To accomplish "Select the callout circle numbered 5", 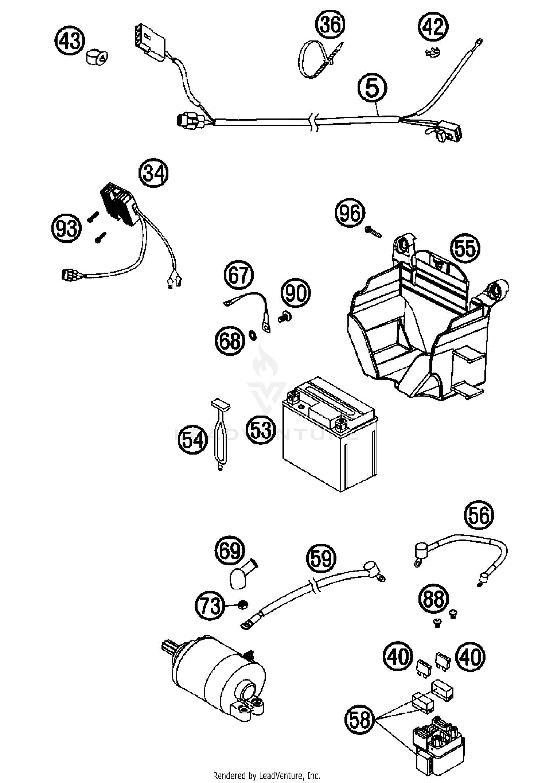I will point(372,88).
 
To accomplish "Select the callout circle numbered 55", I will point(465,248).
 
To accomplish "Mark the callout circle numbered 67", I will point(239,276).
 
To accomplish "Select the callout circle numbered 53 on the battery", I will point(261,429).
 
